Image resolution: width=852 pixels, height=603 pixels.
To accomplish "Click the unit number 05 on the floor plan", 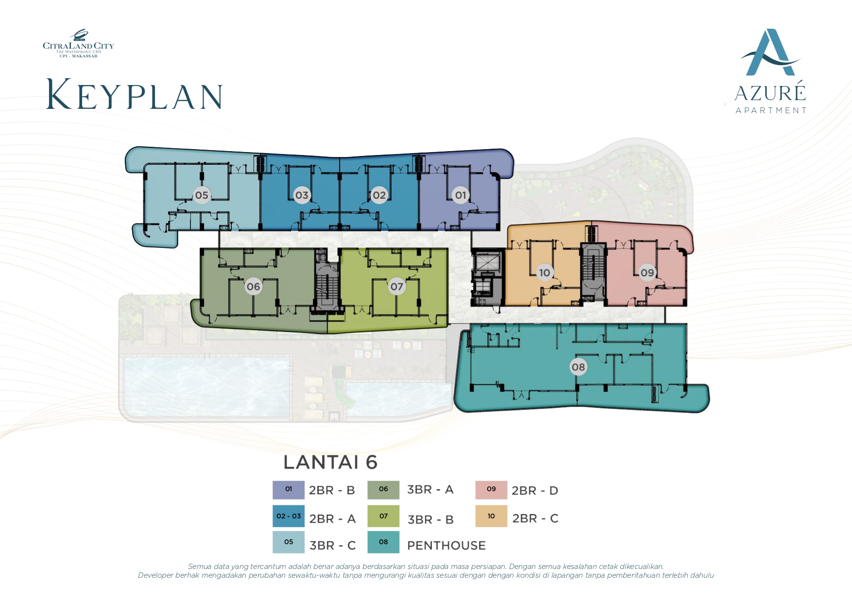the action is point(202,195).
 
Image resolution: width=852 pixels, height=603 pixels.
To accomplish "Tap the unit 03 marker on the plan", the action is point(302,195).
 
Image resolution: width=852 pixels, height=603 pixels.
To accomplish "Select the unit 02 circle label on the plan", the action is point(379,195).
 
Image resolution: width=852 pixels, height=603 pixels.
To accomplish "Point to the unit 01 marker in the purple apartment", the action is point(460,195).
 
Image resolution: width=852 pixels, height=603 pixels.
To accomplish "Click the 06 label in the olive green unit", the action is point(253,287).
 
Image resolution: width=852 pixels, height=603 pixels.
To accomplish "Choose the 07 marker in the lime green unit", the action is point(397,287).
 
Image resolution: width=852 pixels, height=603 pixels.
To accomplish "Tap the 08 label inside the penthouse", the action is point(578,367).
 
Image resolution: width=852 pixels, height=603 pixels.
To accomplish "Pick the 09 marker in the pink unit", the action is point(647,273).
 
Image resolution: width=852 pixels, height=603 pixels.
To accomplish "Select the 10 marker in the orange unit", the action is point(545,273).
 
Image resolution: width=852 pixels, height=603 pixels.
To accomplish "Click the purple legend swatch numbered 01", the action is point(289,490).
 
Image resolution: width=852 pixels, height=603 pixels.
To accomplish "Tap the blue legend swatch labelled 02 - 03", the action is point(289,516).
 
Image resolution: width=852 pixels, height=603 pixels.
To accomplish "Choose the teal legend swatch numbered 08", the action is point(383,542).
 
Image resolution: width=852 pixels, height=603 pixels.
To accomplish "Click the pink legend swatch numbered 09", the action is point(491,490).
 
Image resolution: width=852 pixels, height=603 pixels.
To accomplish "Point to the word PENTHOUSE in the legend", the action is point(446,546).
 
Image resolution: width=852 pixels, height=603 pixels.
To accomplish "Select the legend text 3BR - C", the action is point(333,546).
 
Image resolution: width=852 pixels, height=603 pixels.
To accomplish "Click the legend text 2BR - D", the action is point(535,491).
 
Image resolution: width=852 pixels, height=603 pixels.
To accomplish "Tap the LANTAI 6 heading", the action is point(330,463).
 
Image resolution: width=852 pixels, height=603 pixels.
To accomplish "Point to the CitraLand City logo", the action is point(78,44).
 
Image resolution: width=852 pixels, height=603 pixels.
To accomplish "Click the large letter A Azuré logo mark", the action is point(769,52).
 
